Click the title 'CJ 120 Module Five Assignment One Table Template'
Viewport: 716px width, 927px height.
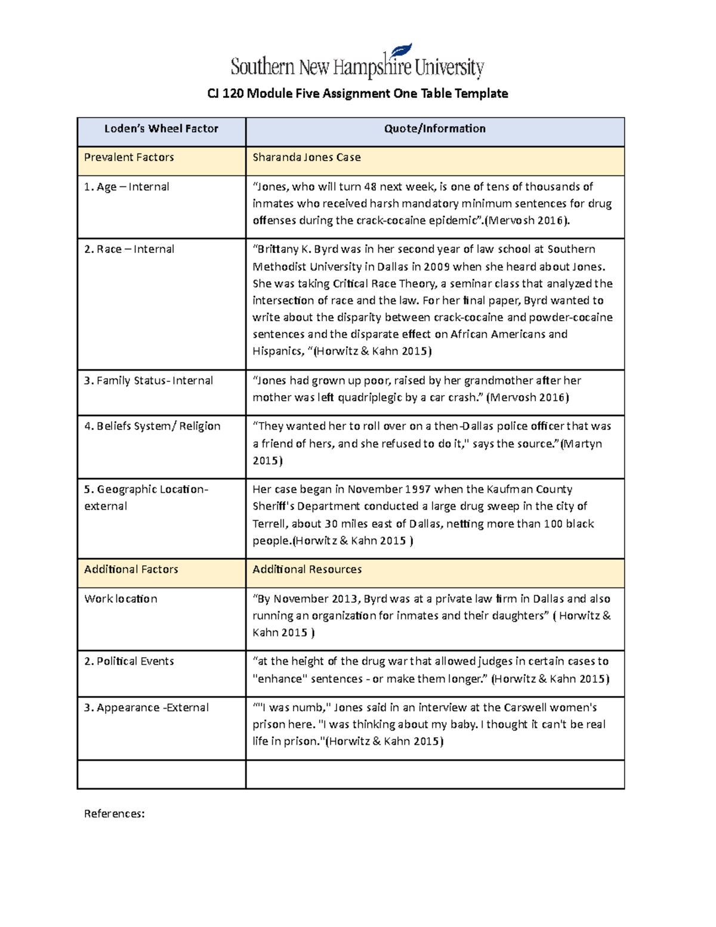click(357, 94)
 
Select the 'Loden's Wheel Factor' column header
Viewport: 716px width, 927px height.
click(161, 129)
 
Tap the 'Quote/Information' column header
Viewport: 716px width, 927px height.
click(434, 129)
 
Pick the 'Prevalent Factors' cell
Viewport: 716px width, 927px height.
click(129, 158)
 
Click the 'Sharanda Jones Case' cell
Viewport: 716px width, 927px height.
click(306, 158)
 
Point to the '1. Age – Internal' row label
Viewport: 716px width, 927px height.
click(126, 187)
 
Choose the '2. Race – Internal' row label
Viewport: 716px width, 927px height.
click(129, 250)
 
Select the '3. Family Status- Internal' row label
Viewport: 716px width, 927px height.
click(148, 381)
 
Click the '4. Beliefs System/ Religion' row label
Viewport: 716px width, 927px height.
click(152, 426)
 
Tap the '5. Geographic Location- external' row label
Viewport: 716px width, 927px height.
click(146, 498)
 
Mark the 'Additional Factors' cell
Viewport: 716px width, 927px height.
click(131, 569)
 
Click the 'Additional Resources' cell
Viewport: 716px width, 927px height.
click(307, 569)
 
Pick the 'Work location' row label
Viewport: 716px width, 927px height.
click(121, 599)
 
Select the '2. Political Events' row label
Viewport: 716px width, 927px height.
click(129, 661)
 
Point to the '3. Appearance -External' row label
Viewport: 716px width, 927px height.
click(146, 708)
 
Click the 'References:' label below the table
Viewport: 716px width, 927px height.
click(114, 814)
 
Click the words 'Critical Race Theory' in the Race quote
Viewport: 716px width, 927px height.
click(384, 284)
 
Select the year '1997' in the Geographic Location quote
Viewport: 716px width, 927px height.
click(418, 489)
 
